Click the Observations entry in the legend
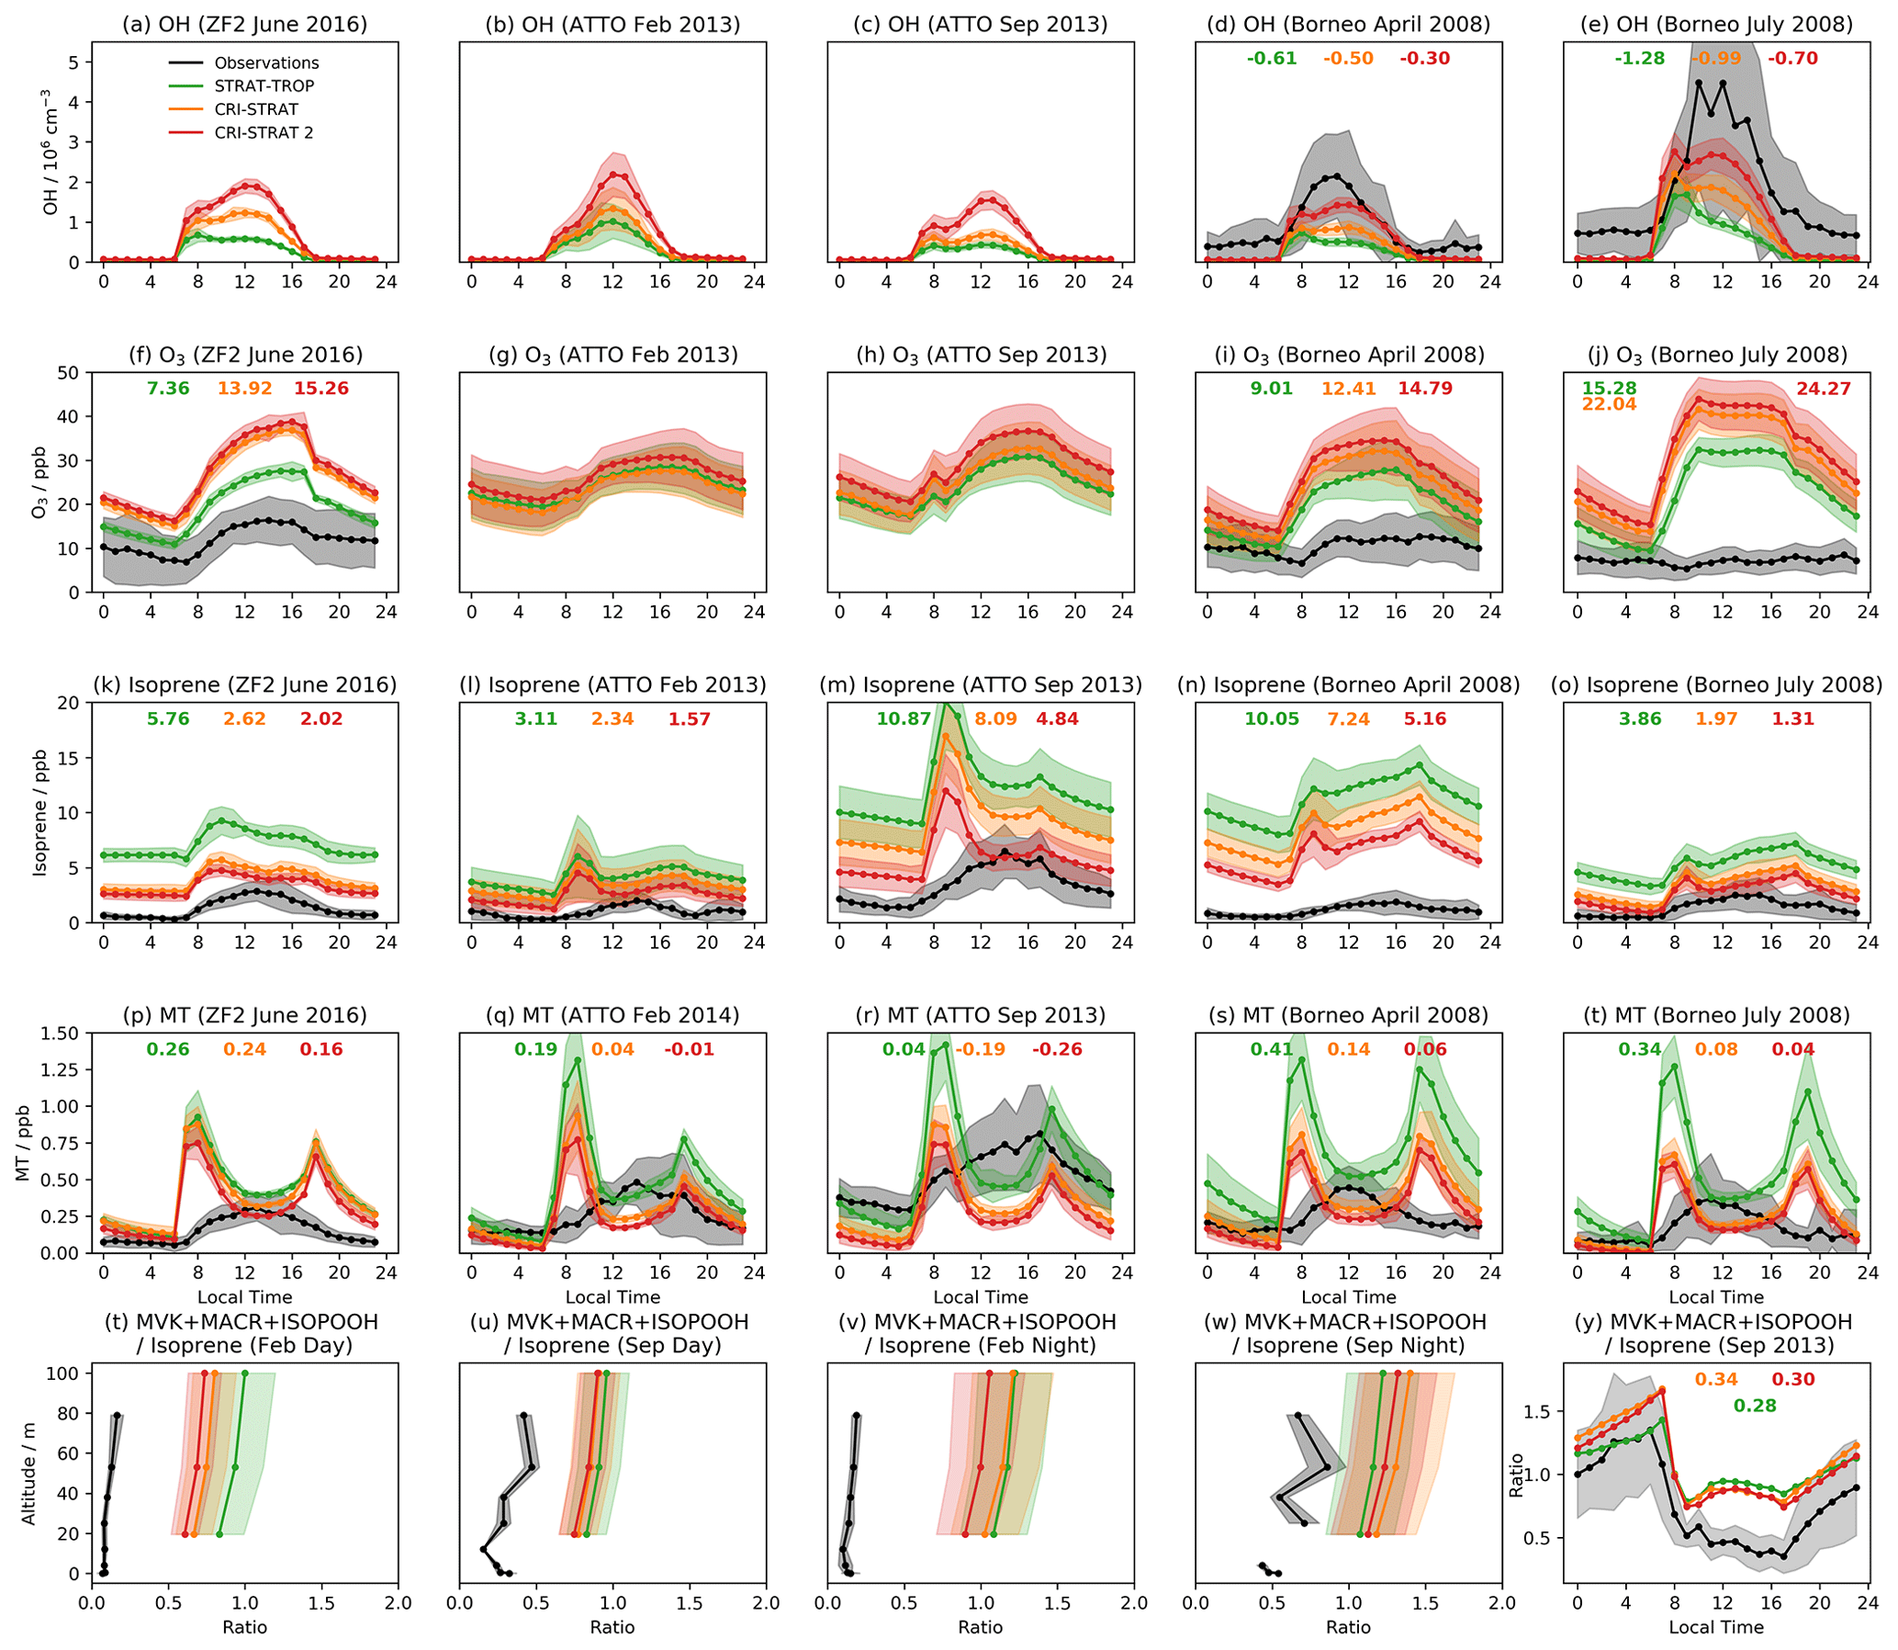pos(266,62)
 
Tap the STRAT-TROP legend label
pos(264,85)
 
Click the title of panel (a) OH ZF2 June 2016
pos(245,25)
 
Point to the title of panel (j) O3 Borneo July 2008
pos(1717,355)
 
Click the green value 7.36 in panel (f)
pos(167,389)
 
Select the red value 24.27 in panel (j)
pos(1824,389)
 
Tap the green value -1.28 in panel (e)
pos(1639,58)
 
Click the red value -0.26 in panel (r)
pos(1057,1049)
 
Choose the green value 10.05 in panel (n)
pos(1271,718)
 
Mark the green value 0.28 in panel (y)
pos(1756,1405)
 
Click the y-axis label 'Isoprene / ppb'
pos(39,813)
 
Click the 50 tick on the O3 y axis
pos(70,373)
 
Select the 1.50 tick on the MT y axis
pos(62,1034)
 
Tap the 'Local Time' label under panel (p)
pos(245,1296)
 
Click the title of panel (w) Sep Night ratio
pos(1349,1333)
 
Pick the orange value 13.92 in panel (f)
pos(244,389)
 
